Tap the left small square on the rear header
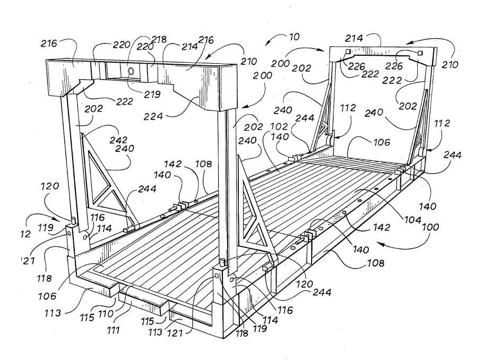(347, 52)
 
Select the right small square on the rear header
(420, 53)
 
